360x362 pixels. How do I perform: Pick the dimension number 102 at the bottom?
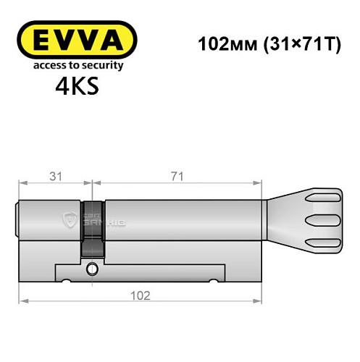pos(140,295)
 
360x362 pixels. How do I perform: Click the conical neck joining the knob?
pos(279,217)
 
